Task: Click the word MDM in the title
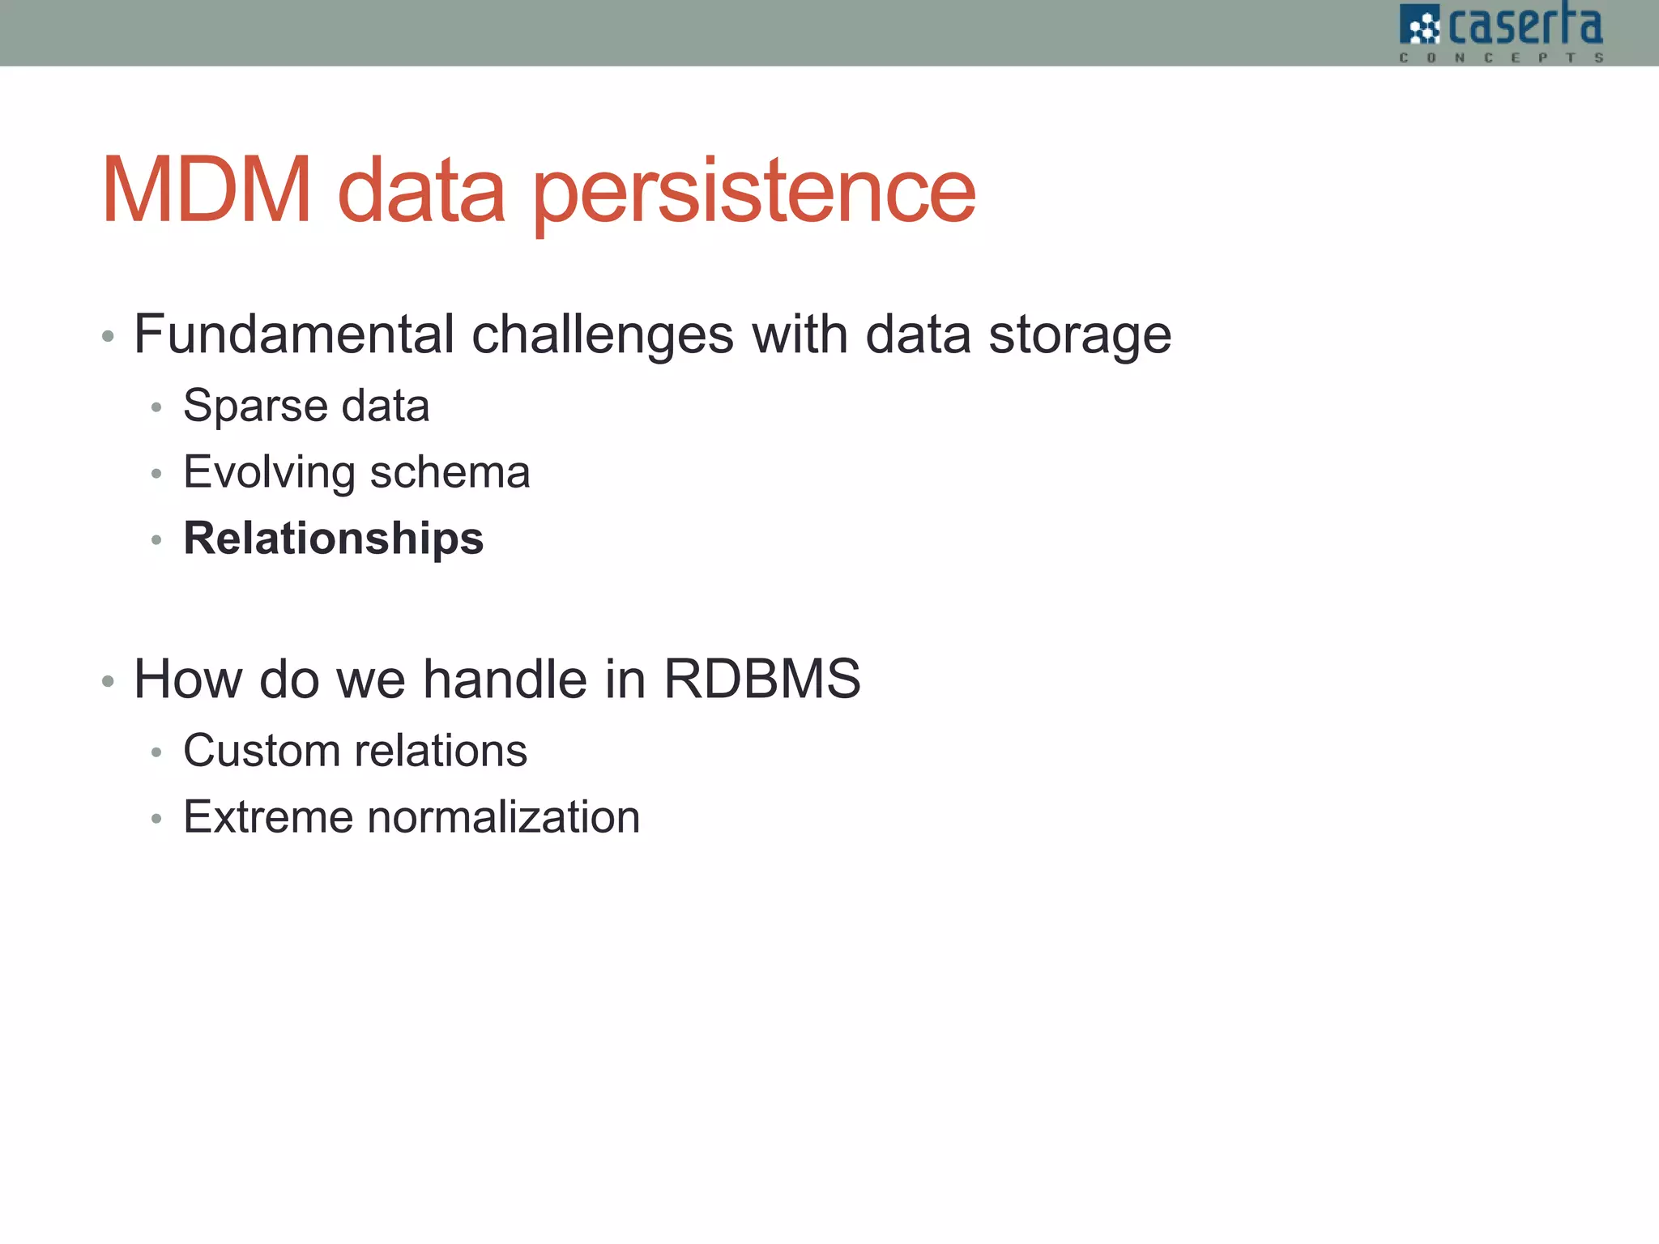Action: (207, 191)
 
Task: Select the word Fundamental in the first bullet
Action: (294, 334)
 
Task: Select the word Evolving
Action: (269, 473)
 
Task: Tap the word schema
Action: (450, 472)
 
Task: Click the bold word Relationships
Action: (333, 539)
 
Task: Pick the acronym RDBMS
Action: (761, 679)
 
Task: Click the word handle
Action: (505, 679)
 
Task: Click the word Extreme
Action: (267, 817)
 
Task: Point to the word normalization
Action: (503, 817)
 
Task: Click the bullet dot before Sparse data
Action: (156, 407)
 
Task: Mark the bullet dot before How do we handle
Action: (108, 682)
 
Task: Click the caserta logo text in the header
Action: (1524, 26)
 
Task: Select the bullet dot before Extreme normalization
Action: (156, 819)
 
